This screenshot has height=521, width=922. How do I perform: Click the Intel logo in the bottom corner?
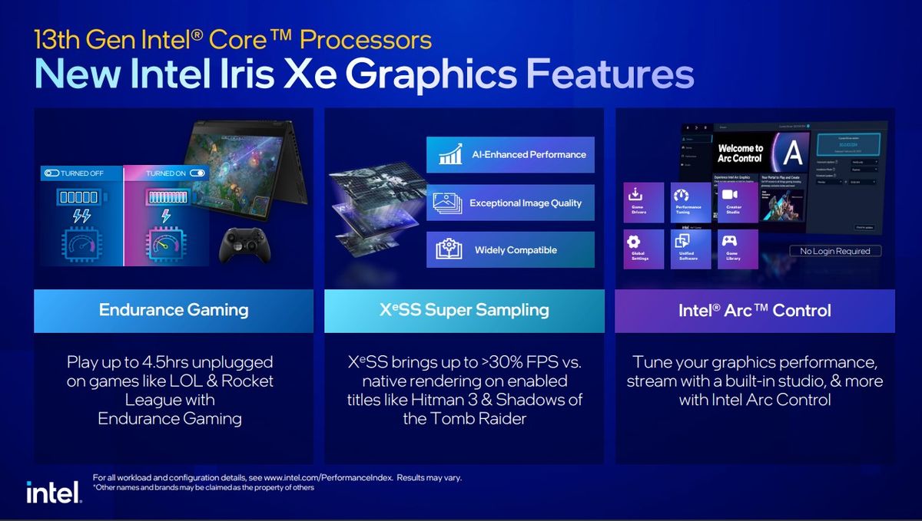point(54,492)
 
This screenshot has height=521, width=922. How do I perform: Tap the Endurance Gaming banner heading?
point(174,310)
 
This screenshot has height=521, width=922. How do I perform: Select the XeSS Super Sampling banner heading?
point(465,310)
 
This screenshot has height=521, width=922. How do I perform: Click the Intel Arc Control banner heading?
point(755,311)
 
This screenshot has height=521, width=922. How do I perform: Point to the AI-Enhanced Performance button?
point(510,154)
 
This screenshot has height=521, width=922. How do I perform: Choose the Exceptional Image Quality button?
point(510,203)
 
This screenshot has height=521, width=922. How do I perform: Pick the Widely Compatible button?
point(510,250)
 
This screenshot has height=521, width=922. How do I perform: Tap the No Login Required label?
point(835,251)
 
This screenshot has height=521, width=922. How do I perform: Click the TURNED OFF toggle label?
point(74,173)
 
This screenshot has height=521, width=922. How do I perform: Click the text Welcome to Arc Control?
point(740,153)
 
